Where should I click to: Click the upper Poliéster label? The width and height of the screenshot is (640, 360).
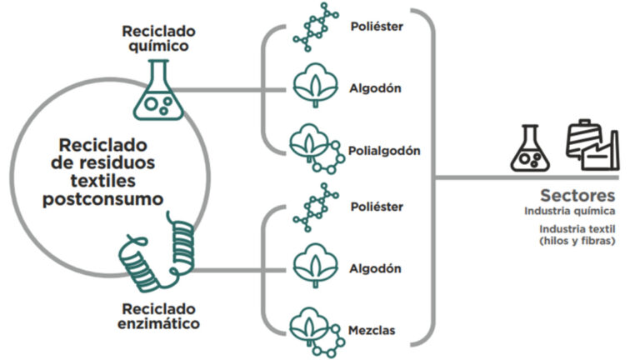(x=376, y=27)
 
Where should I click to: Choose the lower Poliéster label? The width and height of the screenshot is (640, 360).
(x=376, y=206)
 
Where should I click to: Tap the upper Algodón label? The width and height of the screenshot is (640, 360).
(x=375, y=86)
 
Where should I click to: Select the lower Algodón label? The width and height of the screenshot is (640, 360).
(x=375, y=268)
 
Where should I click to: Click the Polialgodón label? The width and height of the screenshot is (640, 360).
(x=385, y=151)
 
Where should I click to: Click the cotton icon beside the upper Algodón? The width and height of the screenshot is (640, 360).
(x=315, y=86)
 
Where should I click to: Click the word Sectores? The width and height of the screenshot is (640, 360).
(x=577, y=196)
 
